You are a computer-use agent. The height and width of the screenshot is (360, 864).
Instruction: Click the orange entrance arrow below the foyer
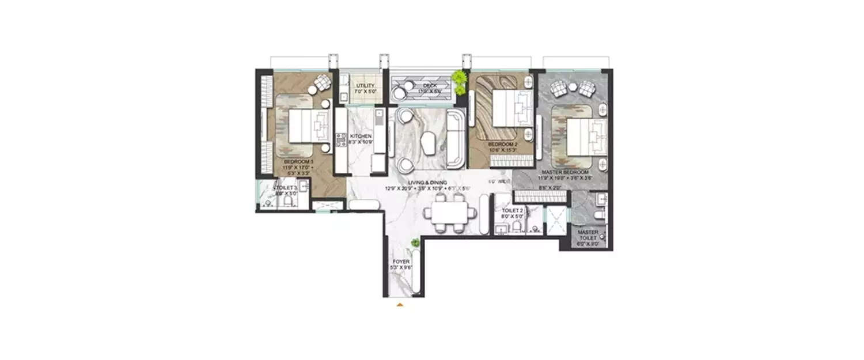(x=400, y=305)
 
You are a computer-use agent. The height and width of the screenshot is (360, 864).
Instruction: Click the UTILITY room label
(x=365, y=86)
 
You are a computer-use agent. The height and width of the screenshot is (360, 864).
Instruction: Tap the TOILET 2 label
(x=511, y=211)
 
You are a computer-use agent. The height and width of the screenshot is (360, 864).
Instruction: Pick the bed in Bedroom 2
(x=511, y=109)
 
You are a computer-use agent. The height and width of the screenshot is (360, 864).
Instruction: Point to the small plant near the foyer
(x=414, y=243)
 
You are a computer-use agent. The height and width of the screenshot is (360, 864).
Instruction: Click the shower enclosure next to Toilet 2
(x=555, y=221)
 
